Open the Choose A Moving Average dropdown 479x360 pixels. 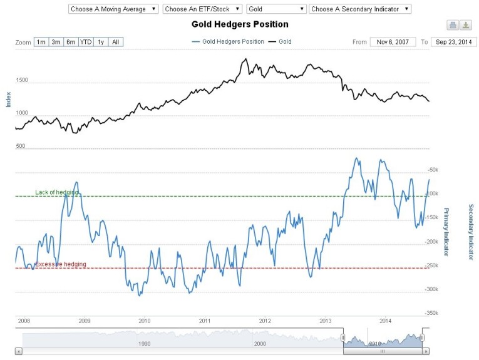click(112, 9)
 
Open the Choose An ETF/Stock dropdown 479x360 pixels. click(202, 9)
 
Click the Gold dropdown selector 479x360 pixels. click(276, 9)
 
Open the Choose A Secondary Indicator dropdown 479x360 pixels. click(360, 9)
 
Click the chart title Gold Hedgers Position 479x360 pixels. click(240, 24)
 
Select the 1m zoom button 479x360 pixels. click(41, 42)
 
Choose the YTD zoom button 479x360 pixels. click(86, 42)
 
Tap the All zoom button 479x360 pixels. click(116, 42)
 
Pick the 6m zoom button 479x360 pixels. click(71, 42)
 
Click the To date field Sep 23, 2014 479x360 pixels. click(454, 42)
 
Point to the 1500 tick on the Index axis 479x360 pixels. click(21, 81)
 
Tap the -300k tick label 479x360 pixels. click(431, 289)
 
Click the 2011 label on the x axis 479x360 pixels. click(205, 320)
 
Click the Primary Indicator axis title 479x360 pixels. click(446, 232)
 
